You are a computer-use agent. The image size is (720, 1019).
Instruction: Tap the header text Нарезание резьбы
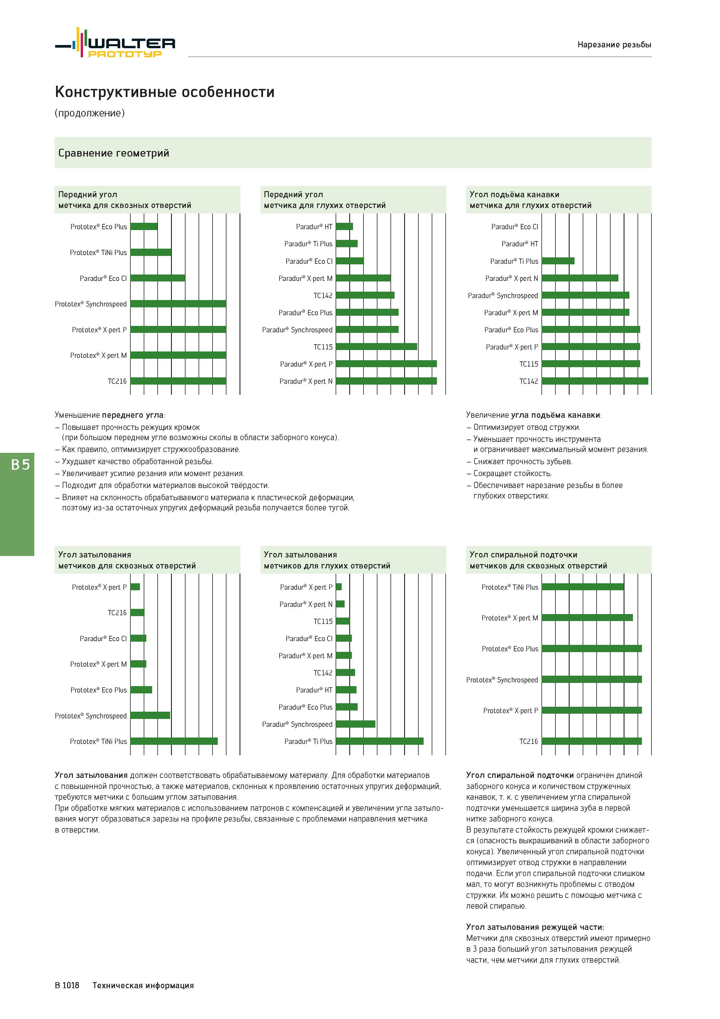click(x=614, y=44)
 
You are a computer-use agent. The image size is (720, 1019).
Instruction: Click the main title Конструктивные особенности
click(x=165, y=92)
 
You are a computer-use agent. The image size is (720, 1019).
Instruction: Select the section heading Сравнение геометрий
click(x=114, y=153)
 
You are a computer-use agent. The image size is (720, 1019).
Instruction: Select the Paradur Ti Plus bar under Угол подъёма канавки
click(x=558, y=261)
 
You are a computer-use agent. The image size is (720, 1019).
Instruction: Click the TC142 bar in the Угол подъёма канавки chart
click(x=595, y=381)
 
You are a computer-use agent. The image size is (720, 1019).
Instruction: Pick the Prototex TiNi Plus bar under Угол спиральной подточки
click(x=582, y=587)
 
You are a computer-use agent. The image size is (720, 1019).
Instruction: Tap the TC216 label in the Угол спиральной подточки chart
click(x=528, y=741)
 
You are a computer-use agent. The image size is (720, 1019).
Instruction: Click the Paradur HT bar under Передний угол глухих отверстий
click(x=344, y=226)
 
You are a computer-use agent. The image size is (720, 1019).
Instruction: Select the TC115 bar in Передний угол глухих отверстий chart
click(x=376, y=347)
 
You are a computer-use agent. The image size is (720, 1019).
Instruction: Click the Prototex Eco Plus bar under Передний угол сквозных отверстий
click(x=144, y=226)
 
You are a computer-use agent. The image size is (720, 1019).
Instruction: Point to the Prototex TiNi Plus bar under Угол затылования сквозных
click(x=174, y=741)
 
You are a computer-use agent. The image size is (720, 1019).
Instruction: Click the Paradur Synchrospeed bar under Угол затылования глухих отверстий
click(x=355, y=724)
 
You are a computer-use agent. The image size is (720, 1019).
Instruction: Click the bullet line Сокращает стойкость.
click(x=509, y=473)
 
